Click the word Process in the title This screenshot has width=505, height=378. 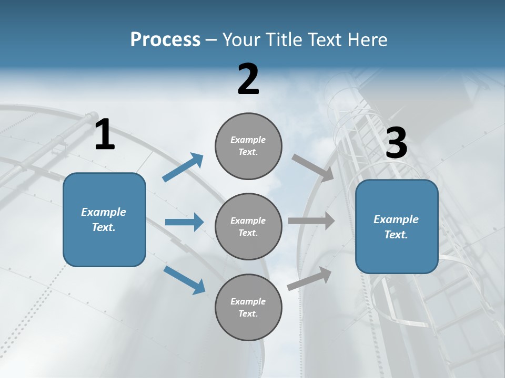(165, 40)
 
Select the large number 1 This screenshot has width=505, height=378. (105, 135)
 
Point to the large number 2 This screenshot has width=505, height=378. (248, 79)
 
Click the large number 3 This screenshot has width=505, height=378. (396, 144)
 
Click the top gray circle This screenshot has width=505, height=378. (248, 146)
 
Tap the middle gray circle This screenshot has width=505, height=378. (248, 227)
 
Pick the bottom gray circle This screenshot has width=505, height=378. (248, 308)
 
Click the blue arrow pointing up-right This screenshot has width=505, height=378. (183, 167)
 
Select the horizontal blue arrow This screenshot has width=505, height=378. (184, 222)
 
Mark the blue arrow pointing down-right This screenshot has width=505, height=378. (185, 279)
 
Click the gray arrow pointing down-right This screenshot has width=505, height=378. (313, 168)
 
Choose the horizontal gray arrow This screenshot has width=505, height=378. (311, 221)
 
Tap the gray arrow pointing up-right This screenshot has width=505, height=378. (310, 278)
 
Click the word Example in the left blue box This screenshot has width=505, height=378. (104, 212)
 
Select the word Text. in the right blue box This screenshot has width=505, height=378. (396, 235)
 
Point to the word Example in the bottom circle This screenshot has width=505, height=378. (248, 301)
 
